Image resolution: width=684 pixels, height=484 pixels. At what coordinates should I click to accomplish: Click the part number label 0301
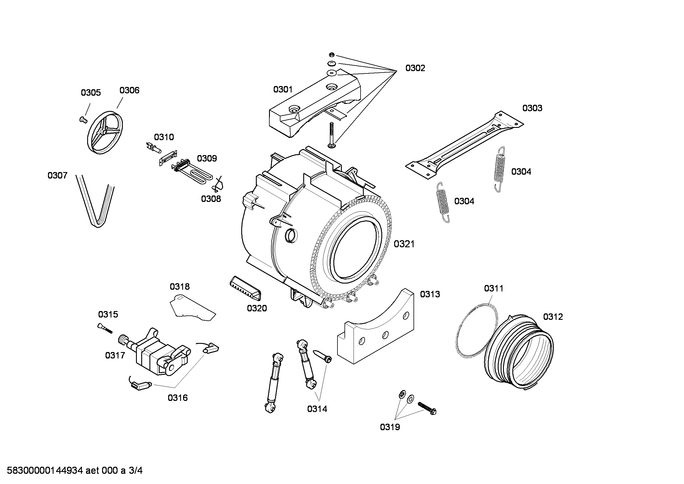coord(283,90)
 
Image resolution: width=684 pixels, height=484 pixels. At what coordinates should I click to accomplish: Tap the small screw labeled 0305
coord(83,120)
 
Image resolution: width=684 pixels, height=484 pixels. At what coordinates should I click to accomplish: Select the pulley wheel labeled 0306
coord(105,133)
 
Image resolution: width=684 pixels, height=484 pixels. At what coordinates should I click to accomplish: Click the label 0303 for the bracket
coord(532,108)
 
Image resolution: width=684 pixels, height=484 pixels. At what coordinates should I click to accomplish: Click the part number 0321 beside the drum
coord(404,244)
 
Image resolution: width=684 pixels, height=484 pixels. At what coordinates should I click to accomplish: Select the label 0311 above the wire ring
coord(494,289)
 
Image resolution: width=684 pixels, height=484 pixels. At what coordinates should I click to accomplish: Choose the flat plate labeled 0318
coord(192,308)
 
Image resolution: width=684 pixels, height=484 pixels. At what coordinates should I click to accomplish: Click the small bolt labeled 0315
coord(105,328)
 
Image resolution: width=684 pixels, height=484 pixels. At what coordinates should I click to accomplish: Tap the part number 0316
coord(178,398)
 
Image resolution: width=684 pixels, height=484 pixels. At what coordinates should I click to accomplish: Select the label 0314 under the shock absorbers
coord(317,409)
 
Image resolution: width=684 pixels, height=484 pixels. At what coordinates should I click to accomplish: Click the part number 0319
coord(390,427)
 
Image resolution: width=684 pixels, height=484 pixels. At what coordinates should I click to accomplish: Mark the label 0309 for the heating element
coord(207,159)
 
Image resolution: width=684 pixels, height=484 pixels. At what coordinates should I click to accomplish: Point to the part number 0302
coord(415,68)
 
